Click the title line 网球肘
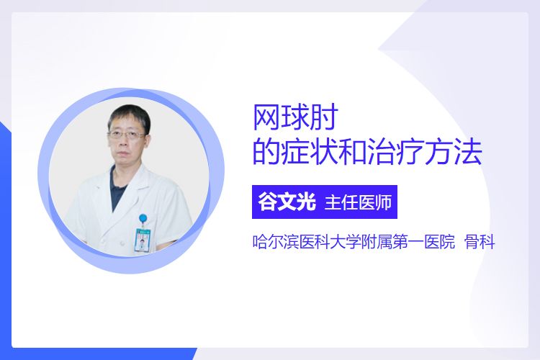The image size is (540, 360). pos(296,117)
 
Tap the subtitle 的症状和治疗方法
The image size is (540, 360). pos(367,152)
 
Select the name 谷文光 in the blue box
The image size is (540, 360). pos(287,202)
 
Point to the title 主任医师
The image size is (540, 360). pos(358,202)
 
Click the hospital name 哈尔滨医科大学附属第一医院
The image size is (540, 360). pos(354,242)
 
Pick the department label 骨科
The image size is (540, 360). pos(480,242)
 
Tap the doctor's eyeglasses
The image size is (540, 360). pos(127,135)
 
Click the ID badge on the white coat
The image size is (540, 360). pos(143,240)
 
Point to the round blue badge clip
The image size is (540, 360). pos(143,218)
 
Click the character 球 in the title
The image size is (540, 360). pos(295,117)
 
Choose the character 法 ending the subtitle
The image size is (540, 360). pos(468,152)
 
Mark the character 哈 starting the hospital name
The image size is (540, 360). pos(260,242)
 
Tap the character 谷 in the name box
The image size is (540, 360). pos(268,202)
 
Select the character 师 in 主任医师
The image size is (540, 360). pos(384,202)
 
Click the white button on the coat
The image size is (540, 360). pos(122,243)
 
